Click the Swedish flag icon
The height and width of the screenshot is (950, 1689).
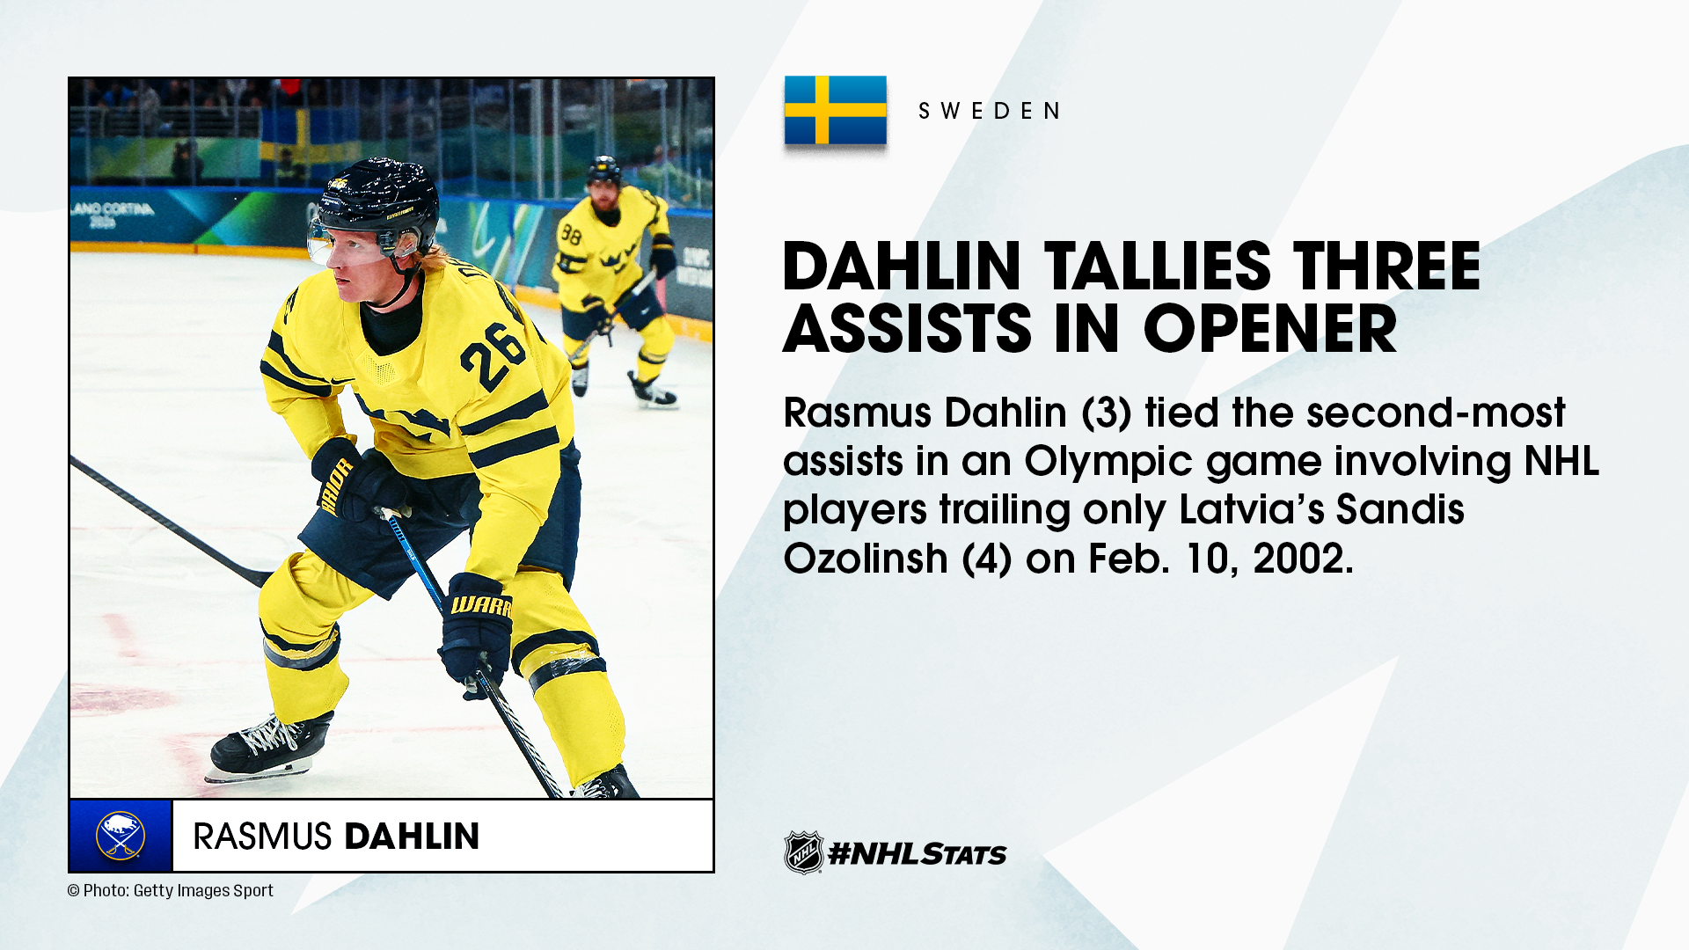point(835,110)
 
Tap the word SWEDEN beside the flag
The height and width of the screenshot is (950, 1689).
point(990,111)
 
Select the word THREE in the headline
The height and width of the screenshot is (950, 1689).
point(1387,266)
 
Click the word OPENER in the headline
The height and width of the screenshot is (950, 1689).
point(1269,329)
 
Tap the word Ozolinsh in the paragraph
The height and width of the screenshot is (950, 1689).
point(866,558)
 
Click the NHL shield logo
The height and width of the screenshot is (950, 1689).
point(803,852)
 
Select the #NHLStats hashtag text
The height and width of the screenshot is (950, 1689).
point(918,853)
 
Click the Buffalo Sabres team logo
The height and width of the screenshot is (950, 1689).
point(121,836)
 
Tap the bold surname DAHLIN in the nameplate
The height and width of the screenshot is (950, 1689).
point(412,836)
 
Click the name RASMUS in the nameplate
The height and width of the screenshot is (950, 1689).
point(262,836)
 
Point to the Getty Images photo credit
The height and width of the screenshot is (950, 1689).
point(171,890)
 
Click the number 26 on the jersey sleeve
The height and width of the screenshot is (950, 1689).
point(493,354)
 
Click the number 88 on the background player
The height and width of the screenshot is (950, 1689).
point(572,235)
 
